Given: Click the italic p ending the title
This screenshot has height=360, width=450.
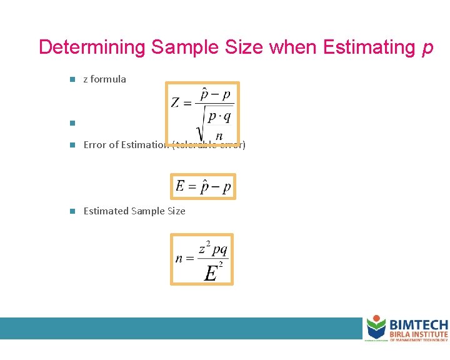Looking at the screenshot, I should (427, 49).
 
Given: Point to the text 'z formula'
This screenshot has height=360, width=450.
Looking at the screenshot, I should (104, 79).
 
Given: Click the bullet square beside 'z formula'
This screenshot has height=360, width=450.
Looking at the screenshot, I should (72, 79).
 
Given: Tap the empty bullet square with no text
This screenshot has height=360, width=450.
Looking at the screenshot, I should (72, 122).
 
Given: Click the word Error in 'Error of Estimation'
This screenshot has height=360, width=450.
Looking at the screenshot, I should (95, 145).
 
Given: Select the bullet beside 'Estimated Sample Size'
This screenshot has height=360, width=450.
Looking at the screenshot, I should (72, 211).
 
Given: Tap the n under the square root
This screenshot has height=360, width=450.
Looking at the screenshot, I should (219, 136).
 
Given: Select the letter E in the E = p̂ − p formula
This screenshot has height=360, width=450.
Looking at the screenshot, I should (181, 186).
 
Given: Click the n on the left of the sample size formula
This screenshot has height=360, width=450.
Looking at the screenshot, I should (179, 258).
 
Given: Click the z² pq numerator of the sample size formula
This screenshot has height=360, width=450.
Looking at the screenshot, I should (212, 249).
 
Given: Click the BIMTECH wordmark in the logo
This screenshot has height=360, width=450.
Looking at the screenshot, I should (418, 325).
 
